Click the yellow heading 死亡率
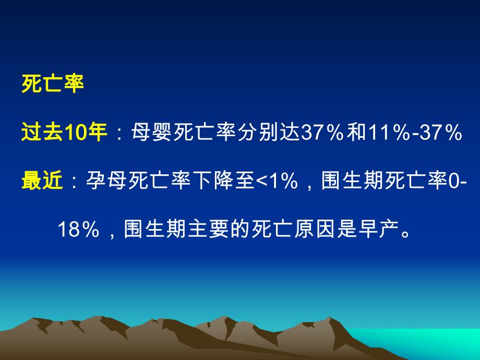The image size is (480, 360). (53, 83)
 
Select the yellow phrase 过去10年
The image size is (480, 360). (64, 133)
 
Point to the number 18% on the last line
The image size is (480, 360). (78, 229)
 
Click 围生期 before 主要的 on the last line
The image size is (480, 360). (153, 229)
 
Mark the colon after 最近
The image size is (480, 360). (73, 182)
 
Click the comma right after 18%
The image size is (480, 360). (111, 233)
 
